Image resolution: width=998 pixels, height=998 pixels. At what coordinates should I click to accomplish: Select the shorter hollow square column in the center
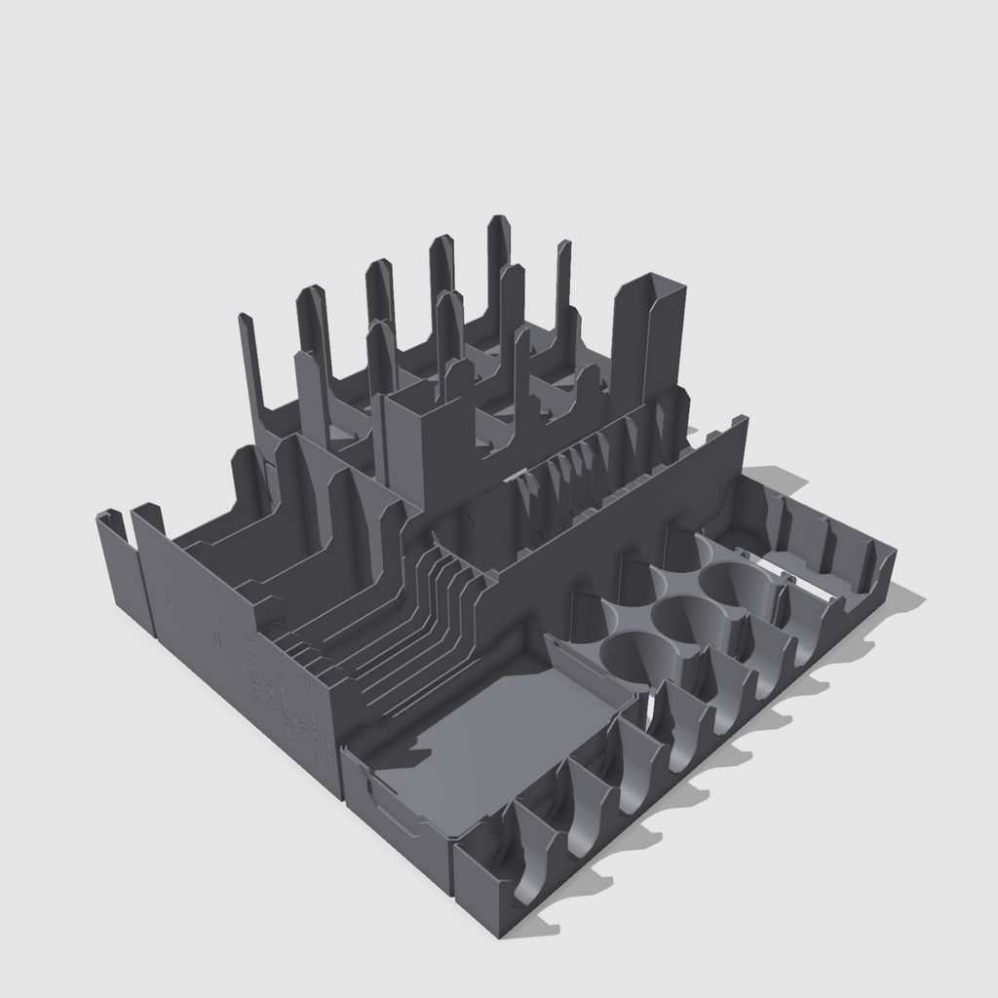(421, 439)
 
